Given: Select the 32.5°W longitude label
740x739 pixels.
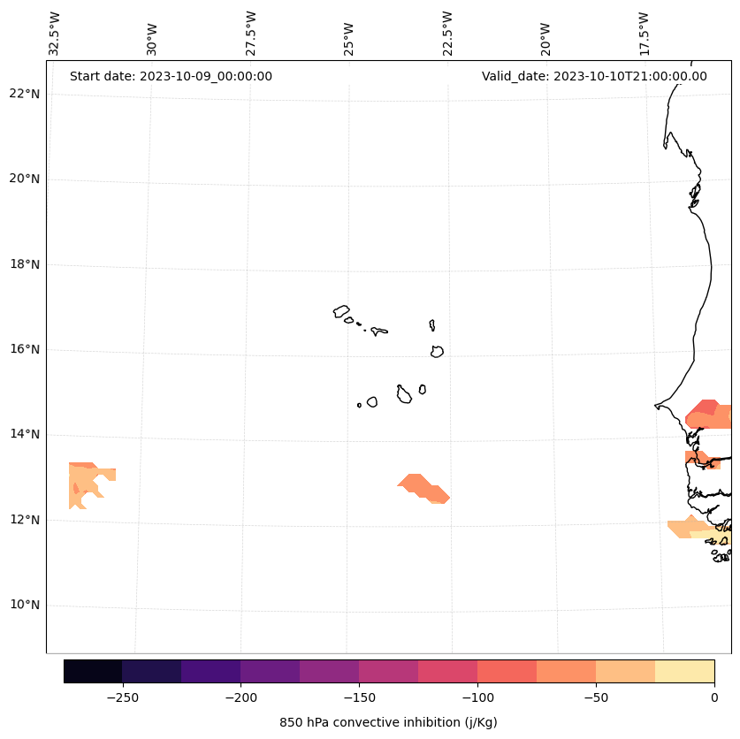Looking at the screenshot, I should tap(55, 34).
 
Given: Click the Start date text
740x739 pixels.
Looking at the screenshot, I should tap(171, 76).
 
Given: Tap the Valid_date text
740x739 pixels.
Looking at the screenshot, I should tap(594, 76).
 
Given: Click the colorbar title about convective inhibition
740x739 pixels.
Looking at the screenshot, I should tap(388, 722).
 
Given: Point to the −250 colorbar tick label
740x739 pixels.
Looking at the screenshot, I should tap(122, 697).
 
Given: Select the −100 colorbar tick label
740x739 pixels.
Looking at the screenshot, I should tap(477, 697).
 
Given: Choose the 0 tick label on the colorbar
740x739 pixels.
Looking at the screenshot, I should tap(714, 697).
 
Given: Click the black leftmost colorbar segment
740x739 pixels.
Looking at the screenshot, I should tap(93, 671).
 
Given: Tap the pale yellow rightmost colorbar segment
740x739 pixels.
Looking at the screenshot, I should tap(684, 671).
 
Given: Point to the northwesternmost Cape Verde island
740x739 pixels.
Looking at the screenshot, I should tap(341, 311).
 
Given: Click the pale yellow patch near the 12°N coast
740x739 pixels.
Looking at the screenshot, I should tap(711, 534).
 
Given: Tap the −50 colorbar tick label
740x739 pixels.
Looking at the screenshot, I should tap(596, 697).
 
